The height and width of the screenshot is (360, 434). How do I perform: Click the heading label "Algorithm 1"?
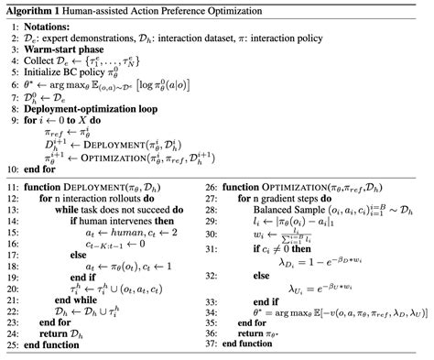[x=36, y=8]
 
